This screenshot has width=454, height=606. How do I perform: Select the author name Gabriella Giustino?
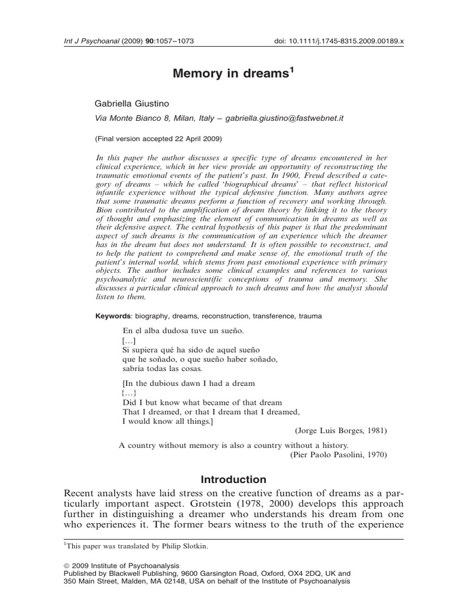132,103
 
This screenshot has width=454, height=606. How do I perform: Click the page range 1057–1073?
174,41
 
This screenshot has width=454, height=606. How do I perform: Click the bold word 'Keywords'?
115,316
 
